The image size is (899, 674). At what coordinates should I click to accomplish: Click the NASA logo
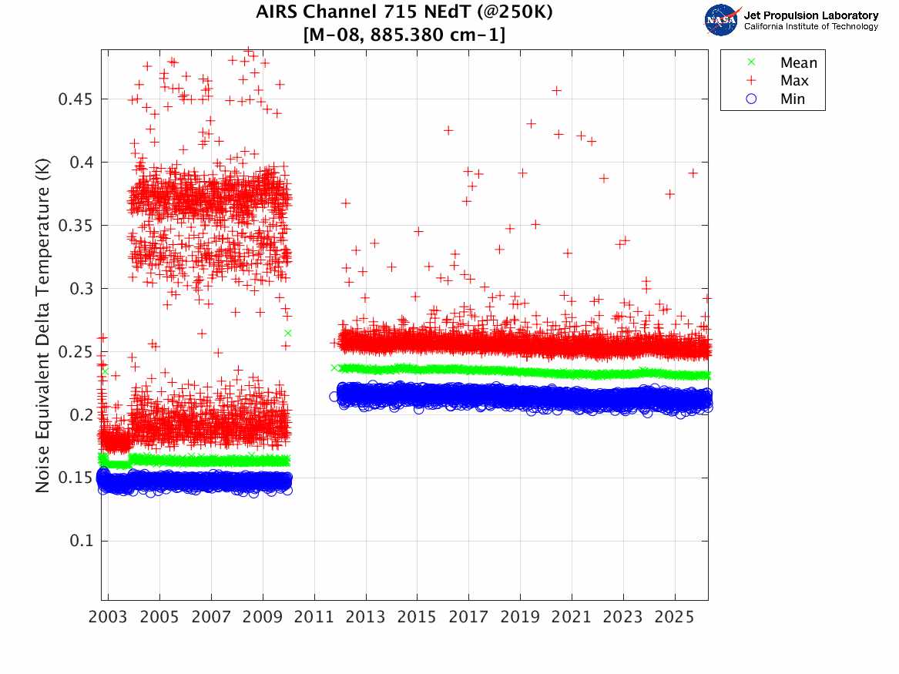(722, 20)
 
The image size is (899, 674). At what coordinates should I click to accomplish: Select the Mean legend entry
(798, 62)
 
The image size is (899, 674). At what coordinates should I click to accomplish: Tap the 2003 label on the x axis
(109, 617)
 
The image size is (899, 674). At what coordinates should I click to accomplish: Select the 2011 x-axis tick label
(314, 617)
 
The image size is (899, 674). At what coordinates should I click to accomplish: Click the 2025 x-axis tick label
(675, 617)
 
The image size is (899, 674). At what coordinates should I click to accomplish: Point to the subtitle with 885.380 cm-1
(404, 35)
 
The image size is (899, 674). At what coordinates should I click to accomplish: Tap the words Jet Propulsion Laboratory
(810, 15)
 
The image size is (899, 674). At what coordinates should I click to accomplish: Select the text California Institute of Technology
(810, 27)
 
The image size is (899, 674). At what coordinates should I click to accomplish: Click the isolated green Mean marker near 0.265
(288, 333)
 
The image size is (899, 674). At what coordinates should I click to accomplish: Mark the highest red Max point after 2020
(557, 90)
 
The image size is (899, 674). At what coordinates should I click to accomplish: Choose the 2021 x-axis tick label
(572, 617)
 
